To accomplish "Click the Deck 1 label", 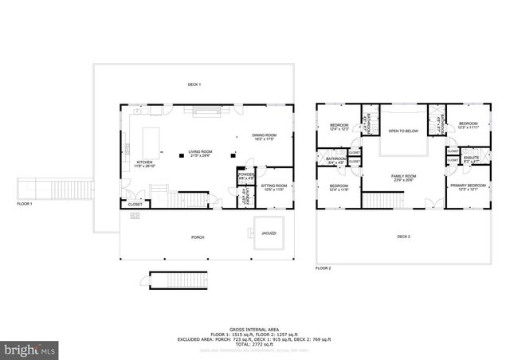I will [x=194, y=84].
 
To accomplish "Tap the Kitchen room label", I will [x=144, y=141].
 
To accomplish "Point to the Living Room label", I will [x=200, y=152].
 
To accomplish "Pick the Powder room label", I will [x=245, y=175].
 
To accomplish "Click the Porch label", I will [x=198, y=237].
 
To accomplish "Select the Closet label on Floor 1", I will [x=135, y=204].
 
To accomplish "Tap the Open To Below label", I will [x=403, y=131].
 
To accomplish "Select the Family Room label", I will [x=403, y=178].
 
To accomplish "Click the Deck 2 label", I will [x=403, y=237].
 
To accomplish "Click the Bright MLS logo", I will [x=29, y=349].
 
